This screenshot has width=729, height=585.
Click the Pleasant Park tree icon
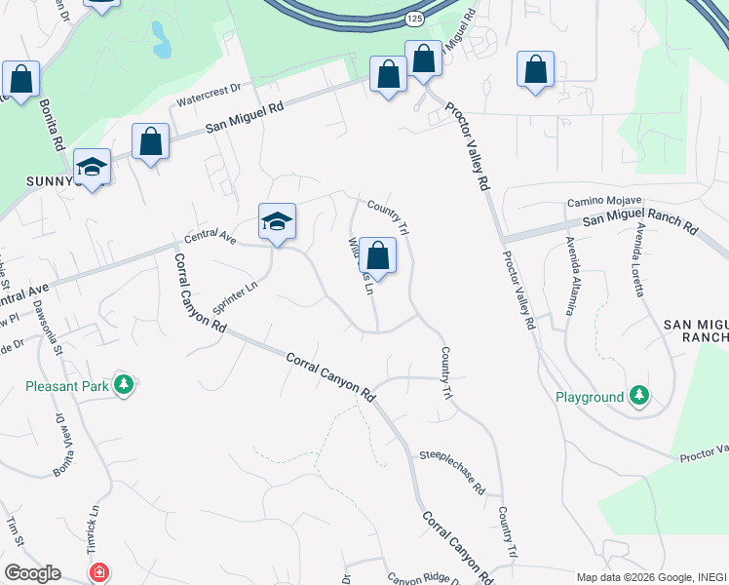click(123, 385)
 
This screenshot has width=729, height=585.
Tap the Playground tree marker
click(638, 396)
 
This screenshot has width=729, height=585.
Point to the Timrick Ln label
click(95, 522)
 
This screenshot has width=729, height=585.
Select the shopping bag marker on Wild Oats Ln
click(377, 257)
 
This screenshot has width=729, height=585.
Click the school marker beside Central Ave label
click(277, 223)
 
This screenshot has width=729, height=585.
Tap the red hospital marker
click(99, 572)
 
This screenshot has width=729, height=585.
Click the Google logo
click(32, 572)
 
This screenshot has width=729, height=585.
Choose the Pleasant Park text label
click(67, 385)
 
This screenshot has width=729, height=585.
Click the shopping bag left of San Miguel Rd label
click(151, 143)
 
